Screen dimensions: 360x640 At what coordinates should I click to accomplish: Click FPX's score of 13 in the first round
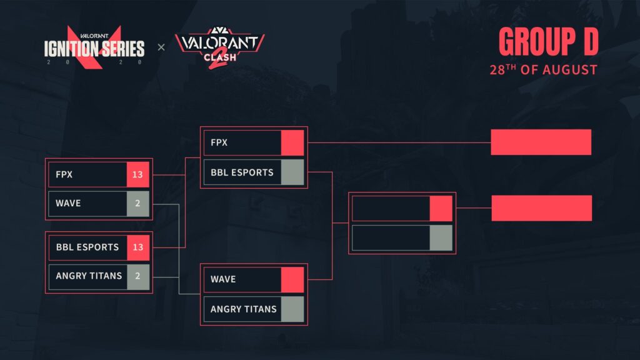click(x=137, y=174)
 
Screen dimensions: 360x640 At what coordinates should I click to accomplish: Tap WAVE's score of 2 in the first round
click(x=137, y=204)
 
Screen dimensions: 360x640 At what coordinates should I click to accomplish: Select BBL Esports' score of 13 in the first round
click(x=137, y=247)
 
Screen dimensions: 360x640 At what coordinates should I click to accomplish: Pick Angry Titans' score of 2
click(x=137, y=276)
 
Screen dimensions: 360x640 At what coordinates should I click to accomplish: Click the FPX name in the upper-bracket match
click(x=219, y=142)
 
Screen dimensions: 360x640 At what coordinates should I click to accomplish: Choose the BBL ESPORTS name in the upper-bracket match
click(x=242, y=172)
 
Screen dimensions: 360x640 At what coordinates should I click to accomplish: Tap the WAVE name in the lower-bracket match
click(x=223, y=279)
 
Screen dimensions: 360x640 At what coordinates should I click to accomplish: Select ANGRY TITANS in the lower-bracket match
click(x=243, y=308)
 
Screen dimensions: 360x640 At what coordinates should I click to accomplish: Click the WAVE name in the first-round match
click(x=68, y=204)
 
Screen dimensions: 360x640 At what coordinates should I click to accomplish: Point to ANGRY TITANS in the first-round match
click(x=89, y=276)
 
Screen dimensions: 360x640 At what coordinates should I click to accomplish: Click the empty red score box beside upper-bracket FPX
click(x=292, y=142)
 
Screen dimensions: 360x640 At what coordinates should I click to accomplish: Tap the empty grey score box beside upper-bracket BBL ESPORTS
click(x=292, y=172)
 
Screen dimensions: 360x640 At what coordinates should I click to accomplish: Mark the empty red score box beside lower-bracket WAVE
click(x=292, y=279)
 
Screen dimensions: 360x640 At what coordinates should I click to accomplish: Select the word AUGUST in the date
click(x=569, y=69)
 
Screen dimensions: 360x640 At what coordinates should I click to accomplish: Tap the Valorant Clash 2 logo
click(x=219, y=48)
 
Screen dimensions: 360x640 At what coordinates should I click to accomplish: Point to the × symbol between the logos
click(x=161, y=47)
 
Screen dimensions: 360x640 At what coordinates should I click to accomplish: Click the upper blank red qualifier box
click(x=541, y=142)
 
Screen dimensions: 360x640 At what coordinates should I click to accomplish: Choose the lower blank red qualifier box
click(x=541, y=208)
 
